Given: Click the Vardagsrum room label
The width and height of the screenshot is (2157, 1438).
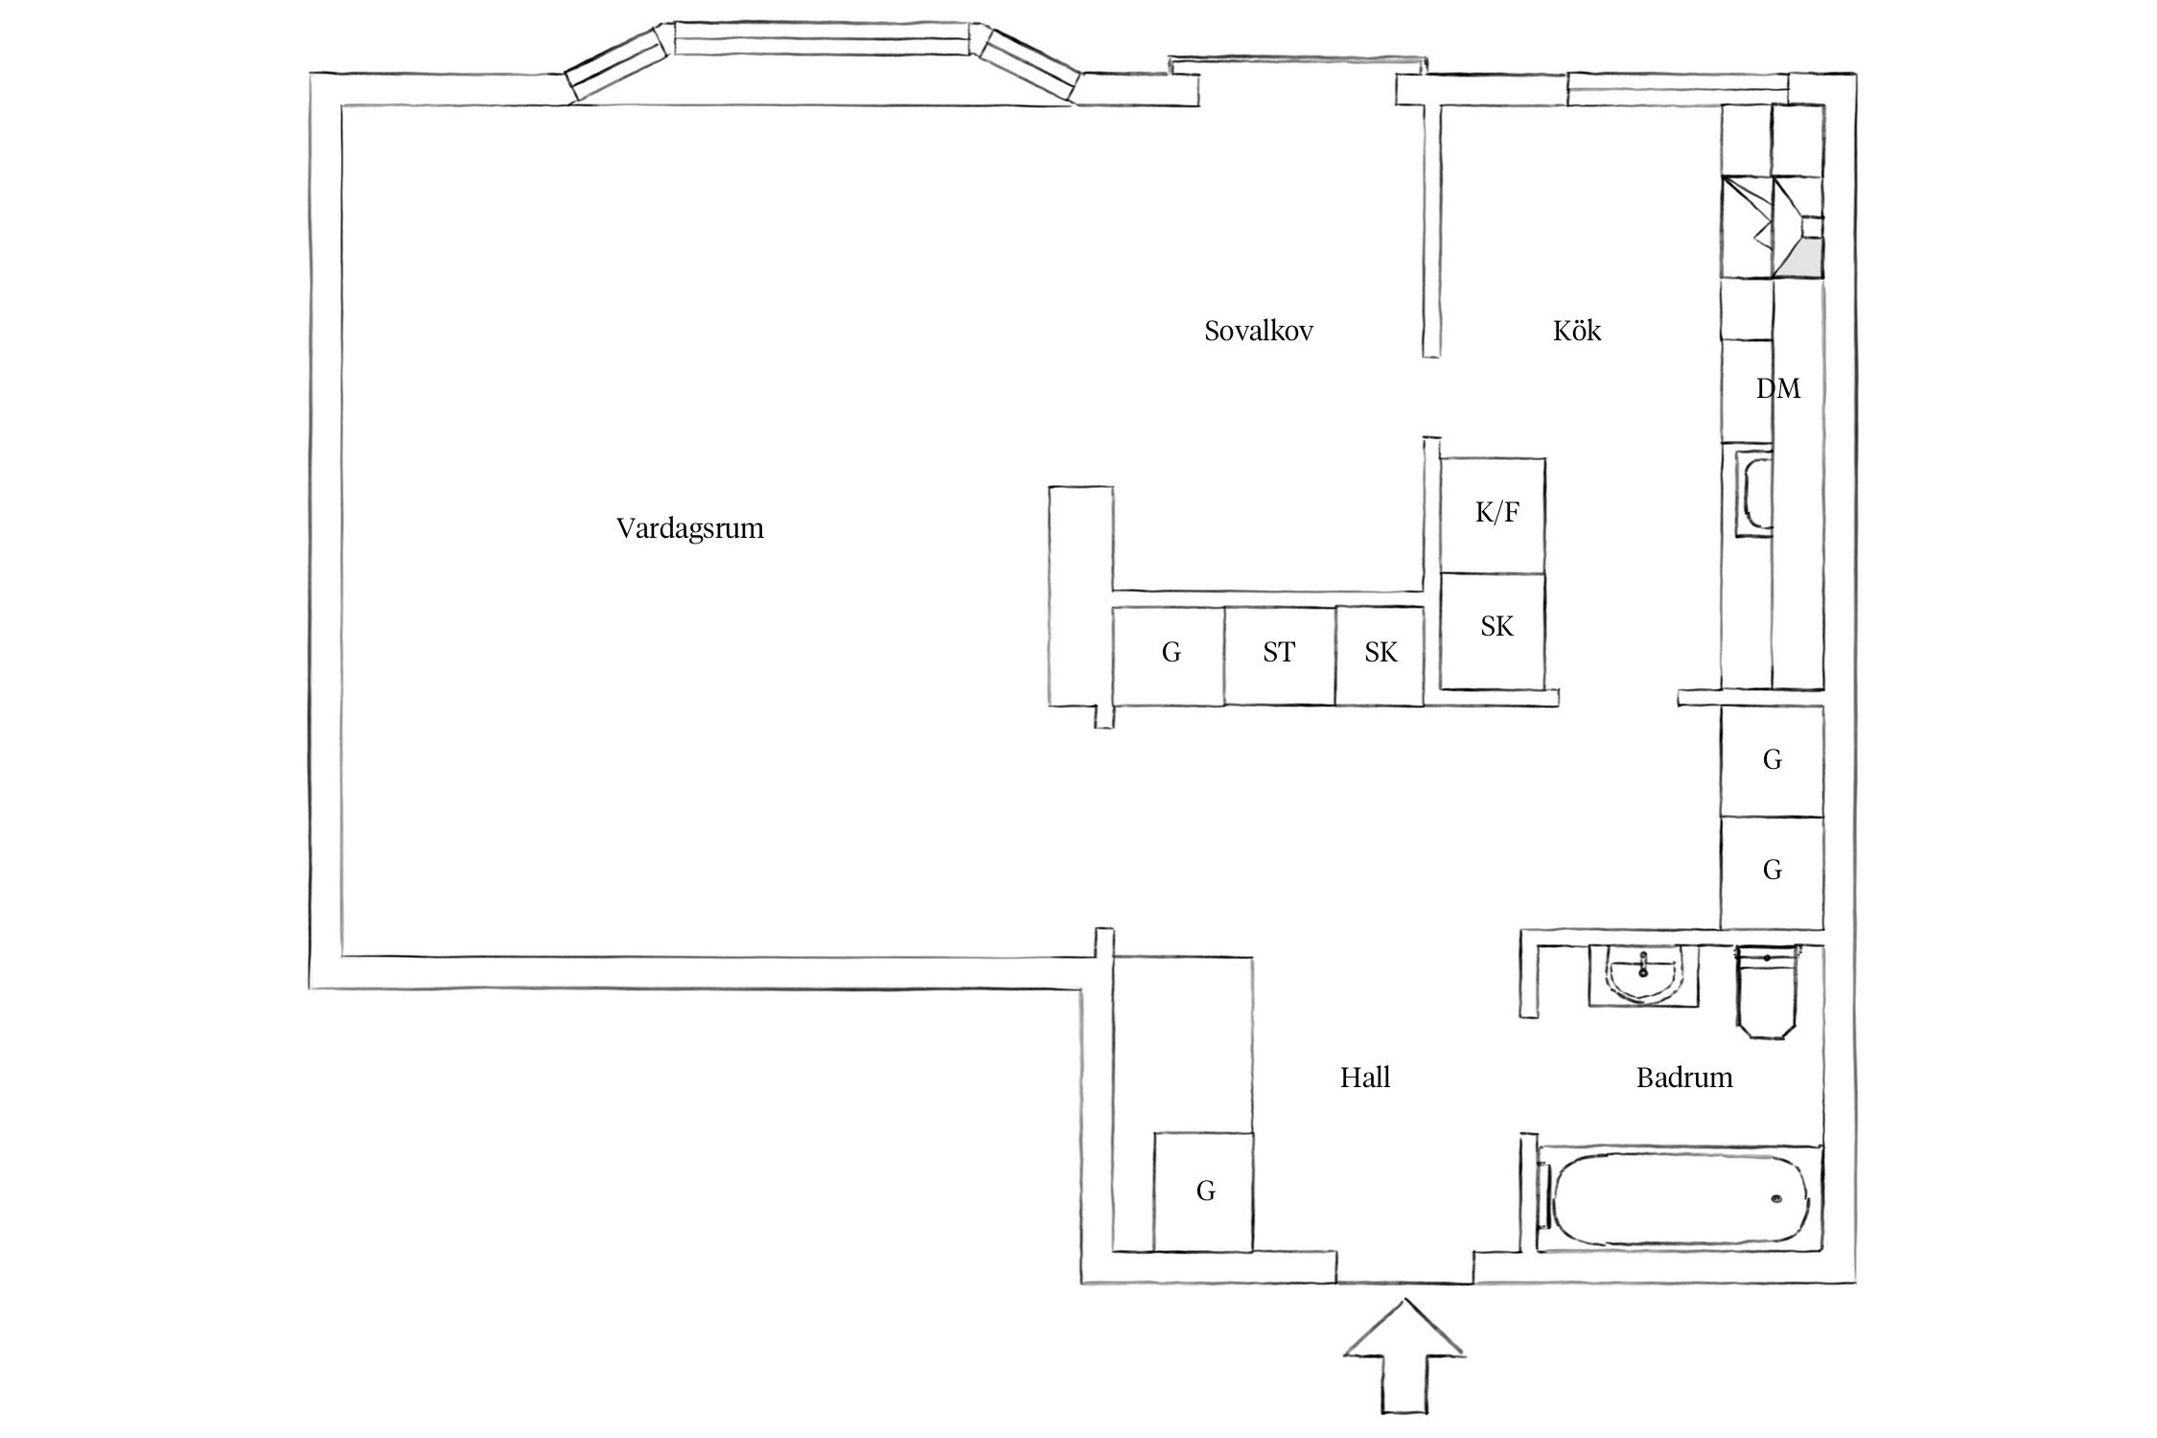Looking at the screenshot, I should pos(689,528).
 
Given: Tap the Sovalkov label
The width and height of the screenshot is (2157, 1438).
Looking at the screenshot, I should pos(1258,332).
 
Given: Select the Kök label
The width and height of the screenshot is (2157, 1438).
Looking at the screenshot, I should pos(1576,332).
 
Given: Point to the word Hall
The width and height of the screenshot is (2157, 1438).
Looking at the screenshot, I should pos(1364,1078).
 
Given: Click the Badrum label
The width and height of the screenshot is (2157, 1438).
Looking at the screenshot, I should pos(1683,1078).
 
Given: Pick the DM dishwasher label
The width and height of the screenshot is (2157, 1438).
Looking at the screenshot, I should pos(1777,389).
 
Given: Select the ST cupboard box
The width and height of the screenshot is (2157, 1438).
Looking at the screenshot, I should pos(1279,655).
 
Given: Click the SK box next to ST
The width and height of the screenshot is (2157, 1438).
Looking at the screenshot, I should pos(1380,655).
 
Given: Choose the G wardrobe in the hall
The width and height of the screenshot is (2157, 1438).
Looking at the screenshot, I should pos(1203,1191).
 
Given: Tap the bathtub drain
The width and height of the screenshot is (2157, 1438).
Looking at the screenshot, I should pos(1776,1197).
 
